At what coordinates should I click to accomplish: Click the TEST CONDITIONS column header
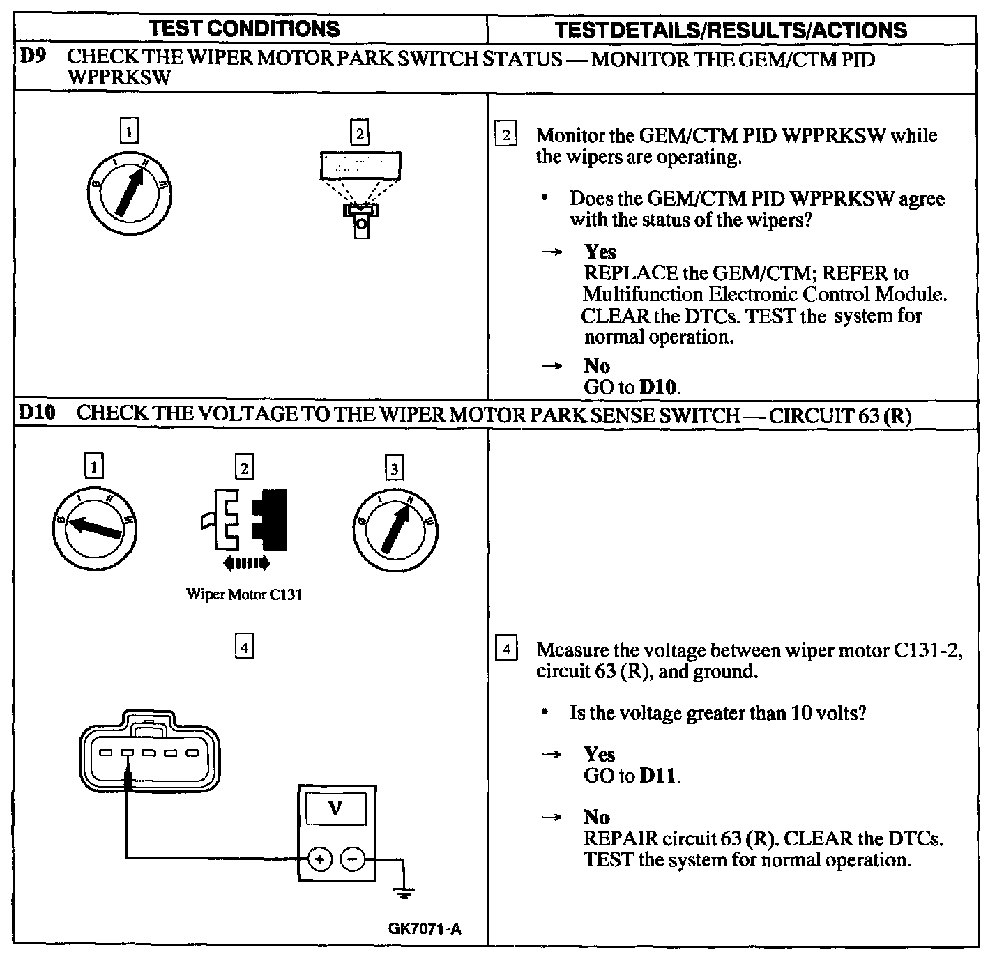pyautogui.click(x=245, y=29)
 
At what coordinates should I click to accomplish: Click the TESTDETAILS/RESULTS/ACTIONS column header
pyautogui.click(x=731, y=30)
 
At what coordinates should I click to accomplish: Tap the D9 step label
pyautogui.click(x=31, y=56)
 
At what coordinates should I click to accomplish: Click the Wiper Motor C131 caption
pyautogui.click(x=244, y=594)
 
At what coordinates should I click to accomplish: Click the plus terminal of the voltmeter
pyautogui.click(x=319, y=860)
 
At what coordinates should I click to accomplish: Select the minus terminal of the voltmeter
pyautogui.click(x=352, y=860)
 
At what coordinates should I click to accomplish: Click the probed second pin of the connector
pyautogui.click(x=128, y=753)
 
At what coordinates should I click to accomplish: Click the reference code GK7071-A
pyautogui.click(x=425, y=928)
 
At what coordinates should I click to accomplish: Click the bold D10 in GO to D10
pyautogui.click(x=657, y=387)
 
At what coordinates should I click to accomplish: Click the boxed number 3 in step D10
pyautogui.click(x=395, y=468)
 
